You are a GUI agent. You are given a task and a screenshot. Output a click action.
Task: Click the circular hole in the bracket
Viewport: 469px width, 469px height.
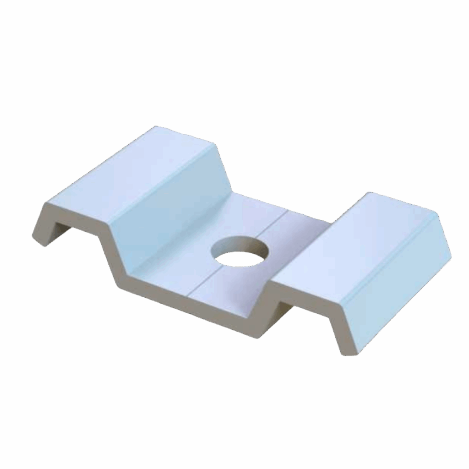click(240, 252)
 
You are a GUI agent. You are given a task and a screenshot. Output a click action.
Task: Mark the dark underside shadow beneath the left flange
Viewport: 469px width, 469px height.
click(60, 229)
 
